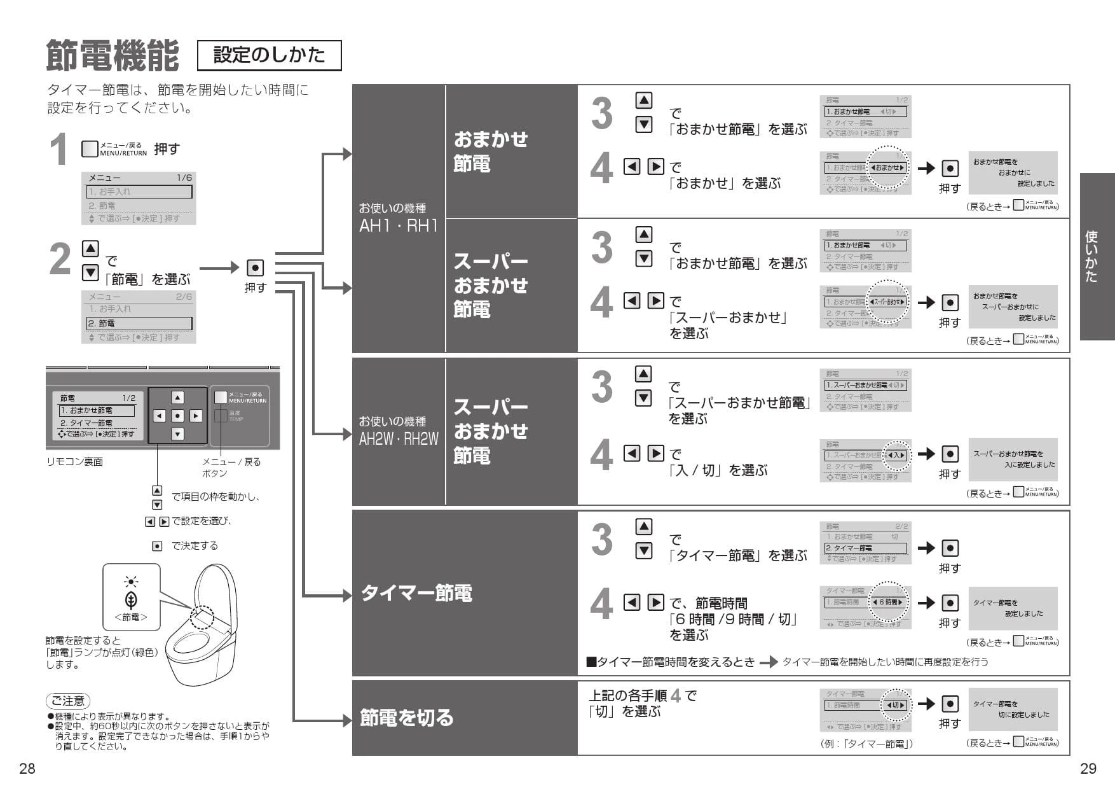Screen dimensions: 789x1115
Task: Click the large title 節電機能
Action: point(112,55)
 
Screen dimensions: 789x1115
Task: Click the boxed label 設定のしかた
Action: point(269,55)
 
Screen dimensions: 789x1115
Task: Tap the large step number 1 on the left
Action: point(58,150)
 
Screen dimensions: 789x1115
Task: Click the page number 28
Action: point(27,769)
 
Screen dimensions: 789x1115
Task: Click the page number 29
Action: point(1088,769)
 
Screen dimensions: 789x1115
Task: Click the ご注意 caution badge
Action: point(68,701)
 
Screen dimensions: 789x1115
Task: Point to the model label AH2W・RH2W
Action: point(399,439)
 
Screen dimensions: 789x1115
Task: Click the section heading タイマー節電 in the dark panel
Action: point(416,593)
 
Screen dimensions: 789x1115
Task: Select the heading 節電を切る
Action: point(407,718)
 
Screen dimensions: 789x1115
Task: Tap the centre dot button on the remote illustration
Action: point(178,416)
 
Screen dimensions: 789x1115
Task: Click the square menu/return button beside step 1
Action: point(90,149)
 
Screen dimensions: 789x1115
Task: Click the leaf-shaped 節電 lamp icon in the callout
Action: point(131,600)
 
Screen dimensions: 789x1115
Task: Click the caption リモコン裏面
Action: point(74,462)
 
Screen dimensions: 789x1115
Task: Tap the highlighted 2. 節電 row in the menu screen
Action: point(139,323)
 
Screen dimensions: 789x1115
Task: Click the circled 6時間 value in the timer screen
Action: point(887,602)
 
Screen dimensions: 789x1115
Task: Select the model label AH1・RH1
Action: point(399,226)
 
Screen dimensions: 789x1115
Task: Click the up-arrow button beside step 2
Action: point(90,248)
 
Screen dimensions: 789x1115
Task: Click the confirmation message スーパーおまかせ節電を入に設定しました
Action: point(1013,459)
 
